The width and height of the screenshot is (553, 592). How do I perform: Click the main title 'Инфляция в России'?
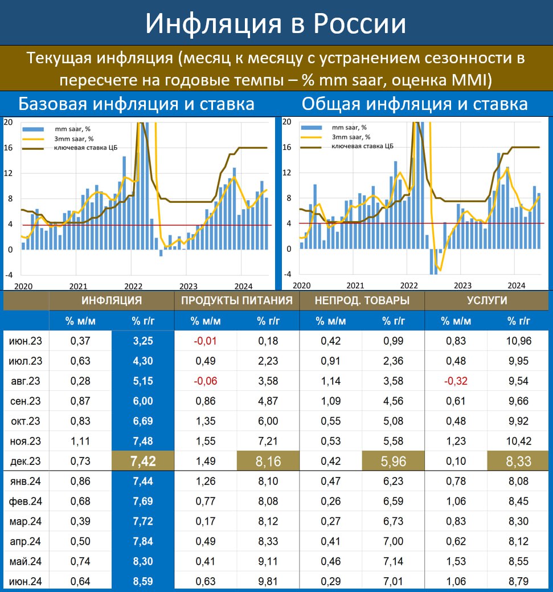[276, 23]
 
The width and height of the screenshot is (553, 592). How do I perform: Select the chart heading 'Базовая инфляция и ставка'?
[136, 104]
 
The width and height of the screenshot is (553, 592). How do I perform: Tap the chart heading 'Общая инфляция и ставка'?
[415, 104]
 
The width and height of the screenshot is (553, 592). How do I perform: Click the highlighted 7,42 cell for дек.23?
[142, 462]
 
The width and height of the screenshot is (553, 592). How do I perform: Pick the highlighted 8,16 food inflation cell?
[268, 462]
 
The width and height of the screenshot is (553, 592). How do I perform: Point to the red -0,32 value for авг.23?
[456, 381]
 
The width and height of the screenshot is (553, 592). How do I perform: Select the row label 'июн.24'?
[25, 582]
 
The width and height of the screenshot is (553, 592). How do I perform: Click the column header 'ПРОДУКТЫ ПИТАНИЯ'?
[236, 301]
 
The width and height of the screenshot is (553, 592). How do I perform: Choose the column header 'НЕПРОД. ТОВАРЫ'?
[362, 301]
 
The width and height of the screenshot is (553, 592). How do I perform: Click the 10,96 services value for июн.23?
[519, 341]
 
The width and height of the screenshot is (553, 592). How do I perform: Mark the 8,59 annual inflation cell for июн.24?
[142, 582]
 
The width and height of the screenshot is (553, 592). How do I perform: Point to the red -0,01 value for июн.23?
[205, 341]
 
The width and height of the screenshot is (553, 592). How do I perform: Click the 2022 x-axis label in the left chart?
[133, 286]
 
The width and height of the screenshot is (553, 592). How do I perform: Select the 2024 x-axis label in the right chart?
[516, 285]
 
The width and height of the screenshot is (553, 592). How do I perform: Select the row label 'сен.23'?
[25, 401]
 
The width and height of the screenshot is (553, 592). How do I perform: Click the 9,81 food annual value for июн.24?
[268, 582]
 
